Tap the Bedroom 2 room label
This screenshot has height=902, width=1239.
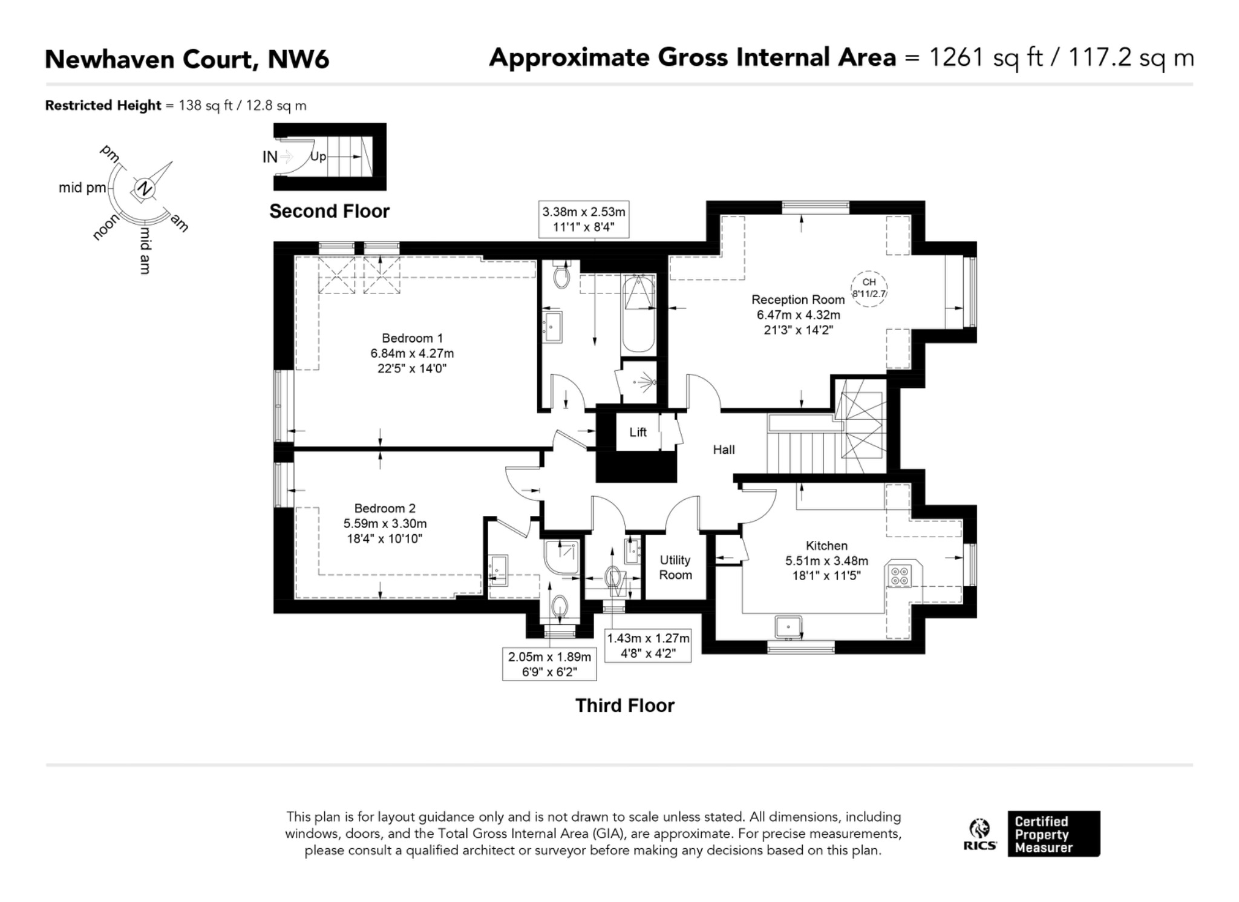click(x=385, y=508)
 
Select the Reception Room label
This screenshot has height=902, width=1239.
click(x=798, y=299)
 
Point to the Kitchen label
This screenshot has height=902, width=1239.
click(x=826, y=546)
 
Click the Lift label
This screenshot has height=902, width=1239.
click(x=638, y=432)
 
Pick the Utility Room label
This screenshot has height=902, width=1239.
click(x=675, y=567)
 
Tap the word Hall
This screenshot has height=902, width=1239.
click(x=724, y=449)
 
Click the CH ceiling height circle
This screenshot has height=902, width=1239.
click(x=869, y=289)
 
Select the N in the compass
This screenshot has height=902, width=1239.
click(x=144, y=189)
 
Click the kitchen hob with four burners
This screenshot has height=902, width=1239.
click(x=900, y=575)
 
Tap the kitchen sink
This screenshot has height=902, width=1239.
click(x=789, y=627)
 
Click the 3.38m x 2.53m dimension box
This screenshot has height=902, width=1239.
click(x=584, y=219)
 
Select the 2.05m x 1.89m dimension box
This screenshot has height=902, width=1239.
click(x=549, y=664)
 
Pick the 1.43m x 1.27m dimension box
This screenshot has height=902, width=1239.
click(x=648, y=645)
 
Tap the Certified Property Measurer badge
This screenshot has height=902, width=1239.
click(x=1054, y=834)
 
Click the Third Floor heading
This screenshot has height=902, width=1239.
click(x=624, y=705)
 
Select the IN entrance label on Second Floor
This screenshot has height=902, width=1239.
click(x=270, y=157)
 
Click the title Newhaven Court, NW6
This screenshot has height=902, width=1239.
click(x=187, y=59)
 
